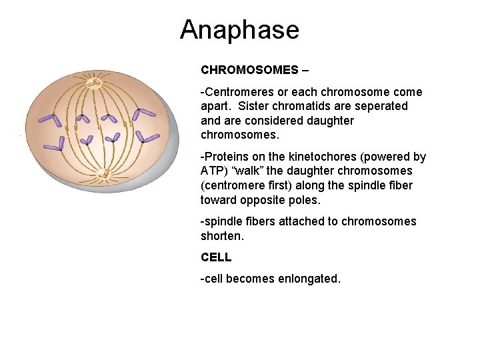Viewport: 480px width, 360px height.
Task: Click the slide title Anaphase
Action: [x=239, y=30]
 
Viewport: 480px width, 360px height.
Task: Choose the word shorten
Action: [x=221, y=235]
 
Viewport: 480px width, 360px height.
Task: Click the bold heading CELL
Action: [x=216, y=257]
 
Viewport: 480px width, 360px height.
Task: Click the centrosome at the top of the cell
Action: [x=95, y=83]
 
